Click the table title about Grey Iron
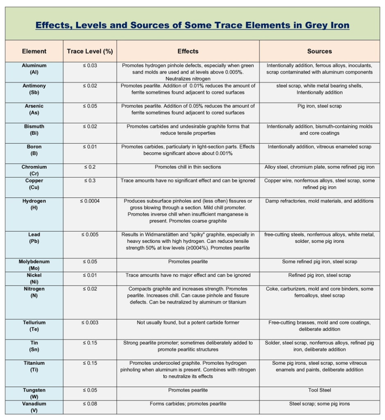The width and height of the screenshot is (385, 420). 192,25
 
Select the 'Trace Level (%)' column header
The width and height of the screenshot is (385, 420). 90,51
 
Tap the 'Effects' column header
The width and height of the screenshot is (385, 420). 188,51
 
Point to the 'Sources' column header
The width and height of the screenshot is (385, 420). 319,51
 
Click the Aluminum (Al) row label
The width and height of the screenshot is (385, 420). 34,69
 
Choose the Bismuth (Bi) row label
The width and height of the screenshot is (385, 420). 34,130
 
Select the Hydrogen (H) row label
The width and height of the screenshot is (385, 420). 34,204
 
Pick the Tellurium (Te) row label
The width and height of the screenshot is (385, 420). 34,326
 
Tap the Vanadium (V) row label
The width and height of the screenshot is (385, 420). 34,407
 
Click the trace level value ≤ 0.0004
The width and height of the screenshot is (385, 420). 90,201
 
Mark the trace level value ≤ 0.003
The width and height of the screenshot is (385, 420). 90,323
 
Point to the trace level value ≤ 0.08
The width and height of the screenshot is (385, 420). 90,404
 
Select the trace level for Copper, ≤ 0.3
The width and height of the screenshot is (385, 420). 90,180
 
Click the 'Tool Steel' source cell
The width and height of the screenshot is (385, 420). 319,390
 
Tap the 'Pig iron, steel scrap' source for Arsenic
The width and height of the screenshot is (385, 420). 319,106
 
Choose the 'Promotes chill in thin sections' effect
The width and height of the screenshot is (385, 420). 188,167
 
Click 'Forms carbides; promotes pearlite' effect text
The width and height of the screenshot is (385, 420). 188,404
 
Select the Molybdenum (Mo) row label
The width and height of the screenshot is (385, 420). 34,265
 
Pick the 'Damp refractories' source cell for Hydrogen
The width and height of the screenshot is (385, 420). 319,201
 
